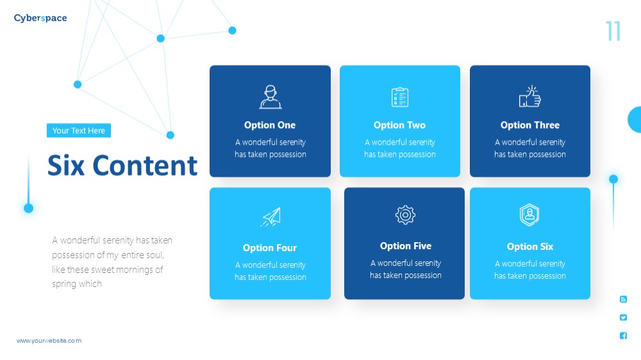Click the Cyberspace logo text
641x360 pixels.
[40, 18]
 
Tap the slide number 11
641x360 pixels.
[613, 31]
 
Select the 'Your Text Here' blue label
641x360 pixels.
[78, 130]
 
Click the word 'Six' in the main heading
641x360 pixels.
[66, 165]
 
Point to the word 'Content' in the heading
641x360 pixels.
[145, 165]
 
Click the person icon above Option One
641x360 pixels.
[271, 97]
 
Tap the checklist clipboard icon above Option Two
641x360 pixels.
[400, 97]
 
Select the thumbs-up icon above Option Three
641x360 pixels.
[530, 97]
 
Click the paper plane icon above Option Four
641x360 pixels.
[271, 217]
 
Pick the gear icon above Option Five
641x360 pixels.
[405, 215]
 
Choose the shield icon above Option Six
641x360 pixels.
[529, 215]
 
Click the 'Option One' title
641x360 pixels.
[270, 125]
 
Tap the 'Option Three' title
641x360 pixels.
[530, 125]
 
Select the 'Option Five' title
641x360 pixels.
[406, 246]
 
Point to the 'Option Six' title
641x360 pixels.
[530, 247]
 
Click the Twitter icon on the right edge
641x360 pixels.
[623, 318]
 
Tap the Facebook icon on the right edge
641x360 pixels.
[623, 336]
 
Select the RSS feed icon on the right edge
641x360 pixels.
[623, 299]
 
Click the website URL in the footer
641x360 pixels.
[49, 340]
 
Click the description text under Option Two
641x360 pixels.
[400, 148]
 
